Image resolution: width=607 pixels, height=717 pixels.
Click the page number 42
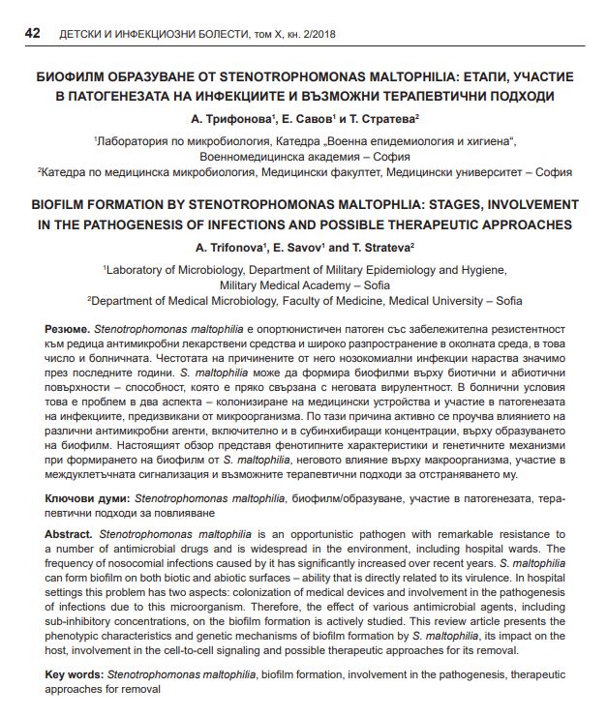tap(31, 35)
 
